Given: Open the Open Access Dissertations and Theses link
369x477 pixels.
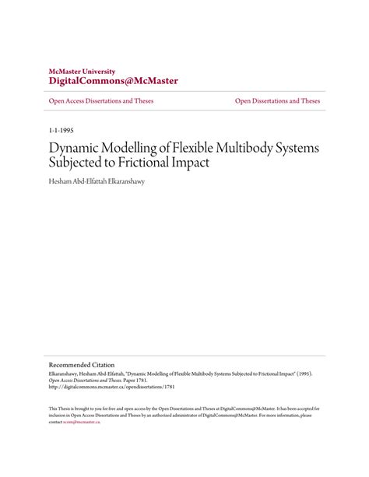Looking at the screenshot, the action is [x=101, y=102].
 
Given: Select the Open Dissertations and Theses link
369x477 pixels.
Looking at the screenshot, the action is [x=278, y=102].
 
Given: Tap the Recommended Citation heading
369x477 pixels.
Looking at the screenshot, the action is [x=82, y=363].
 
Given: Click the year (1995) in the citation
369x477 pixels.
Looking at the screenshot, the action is [x=307, y=373].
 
